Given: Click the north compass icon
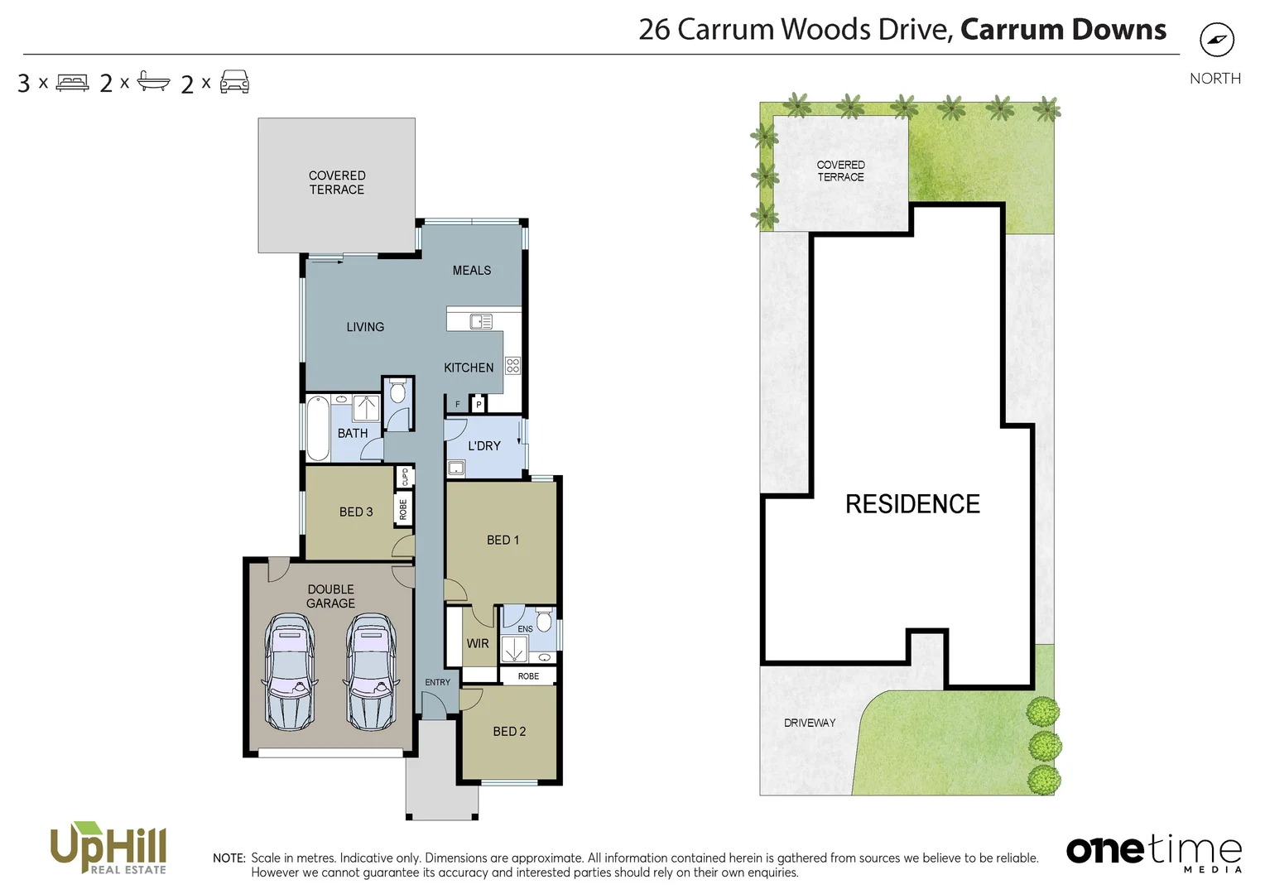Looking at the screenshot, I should pos(1216,40).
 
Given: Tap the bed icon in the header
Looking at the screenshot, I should pos(72,83).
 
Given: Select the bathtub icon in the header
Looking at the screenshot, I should pos(153,82).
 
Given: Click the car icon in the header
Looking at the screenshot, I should pos(234,82).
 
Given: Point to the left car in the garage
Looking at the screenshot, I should pos(289,671).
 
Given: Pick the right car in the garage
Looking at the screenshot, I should pos(371,671).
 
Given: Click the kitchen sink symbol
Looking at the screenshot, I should pos(481,321).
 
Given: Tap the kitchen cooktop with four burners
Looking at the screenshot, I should pos(512,366).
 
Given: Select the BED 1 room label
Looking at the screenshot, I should pos(503,540).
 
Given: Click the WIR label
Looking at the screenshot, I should pos(478,643).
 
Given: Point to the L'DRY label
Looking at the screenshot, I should pos(484,445).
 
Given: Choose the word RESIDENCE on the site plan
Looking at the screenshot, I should pos(912,503).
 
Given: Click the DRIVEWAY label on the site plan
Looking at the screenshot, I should pos(810,723).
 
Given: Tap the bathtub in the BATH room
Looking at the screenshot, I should pos(318,429).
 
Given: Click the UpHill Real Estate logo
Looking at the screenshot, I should pos(108,848).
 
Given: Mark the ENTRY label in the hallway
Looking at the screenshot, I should pos(437,682).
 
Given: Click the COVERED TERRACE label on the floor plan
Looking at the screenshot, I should pos(337,182).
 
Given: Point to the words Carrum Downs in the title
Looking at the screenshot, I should pos(1063,30).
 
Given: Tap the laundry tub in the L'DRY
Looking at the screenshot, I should pos(456,469).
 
